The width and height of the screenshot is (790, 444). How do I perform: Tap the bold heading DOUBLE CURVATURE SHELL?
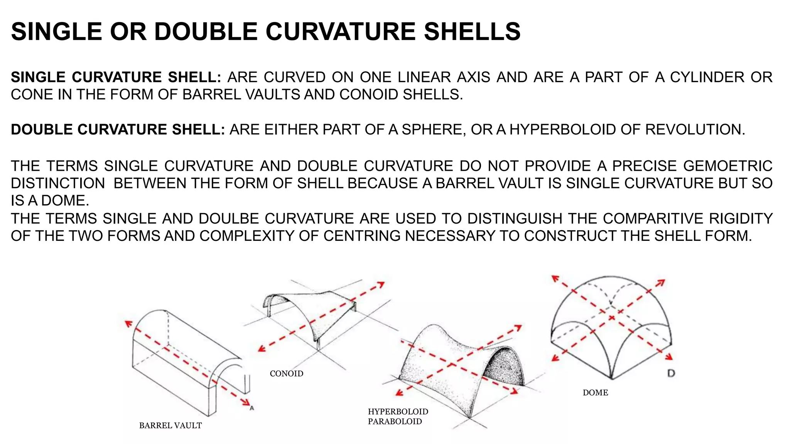point(118,129)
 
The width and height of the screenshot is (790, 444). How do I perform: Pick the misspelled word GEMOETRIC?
point(728,166)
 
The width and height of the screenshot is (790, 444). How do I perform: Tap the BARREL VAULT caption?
point(170,425)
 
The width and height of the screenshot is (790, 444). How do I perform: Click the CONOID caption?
point(286,373)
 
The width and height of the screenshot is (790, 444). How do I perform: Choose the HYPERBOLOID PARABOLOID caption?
point(397,417)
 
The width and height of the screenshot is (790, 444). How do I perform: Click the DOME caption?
point(595,393)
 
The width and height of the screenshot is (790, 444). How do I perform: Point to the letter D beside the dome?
point(671,373)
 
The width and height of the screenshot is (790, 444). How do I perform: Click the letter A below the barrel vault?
point(252,408)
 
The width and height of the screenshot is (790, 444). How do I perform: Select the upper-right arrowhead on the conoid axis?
point(381,284)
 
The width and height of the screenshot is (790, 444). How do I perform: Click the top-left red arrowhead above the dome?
point(555,278)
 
